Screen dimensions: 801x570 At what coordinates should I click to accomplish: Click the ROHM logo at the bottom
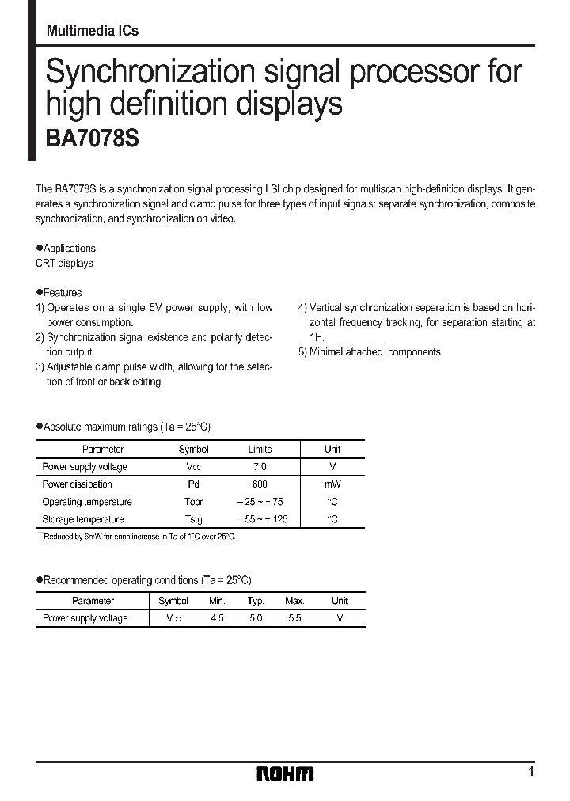point(285,773)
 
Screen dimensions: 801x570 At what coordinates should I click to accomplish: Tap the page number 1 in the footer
point(531,771)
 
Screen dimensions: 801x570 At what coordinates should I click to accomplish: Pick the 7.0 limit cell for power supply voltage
point(260,467)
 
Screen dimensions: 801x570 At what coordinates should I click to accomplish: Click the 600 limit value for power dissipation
point(260,484)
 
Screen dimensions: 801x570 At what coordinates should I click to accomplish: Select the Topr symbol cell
point(193,502)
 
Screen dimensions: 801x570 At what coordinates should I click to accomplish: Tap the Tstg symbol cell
point(193,519)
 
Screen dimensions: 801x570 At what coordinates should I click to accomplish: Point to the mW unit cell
point(332,484)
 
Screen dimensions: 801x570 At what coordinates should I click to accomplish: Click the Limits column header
point(260,449)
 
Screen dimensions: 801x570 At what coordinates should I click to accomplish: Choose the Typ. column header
point(256,601)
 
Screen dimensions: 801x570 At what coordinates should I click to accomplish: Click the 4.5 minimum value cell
point(217,618)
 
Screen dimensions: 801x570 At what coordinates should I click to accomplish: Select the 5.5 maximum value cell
point(294,618)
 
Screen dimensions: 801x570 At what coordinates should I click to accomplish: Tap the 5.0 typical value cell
point(256,618)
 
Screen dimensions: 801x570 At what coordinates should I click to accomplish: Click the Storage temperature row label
point(83,519)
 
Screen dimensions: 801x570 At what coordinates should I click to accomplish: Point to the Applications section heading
point(66,248)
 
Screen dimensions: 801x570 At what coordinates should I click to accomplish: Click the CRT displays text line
point(64,264)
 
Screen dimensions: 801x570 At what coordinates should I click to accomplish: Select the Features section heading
point(59,292)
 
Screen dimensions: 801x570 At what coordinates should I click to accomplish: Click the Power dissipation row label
point(78,484)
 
